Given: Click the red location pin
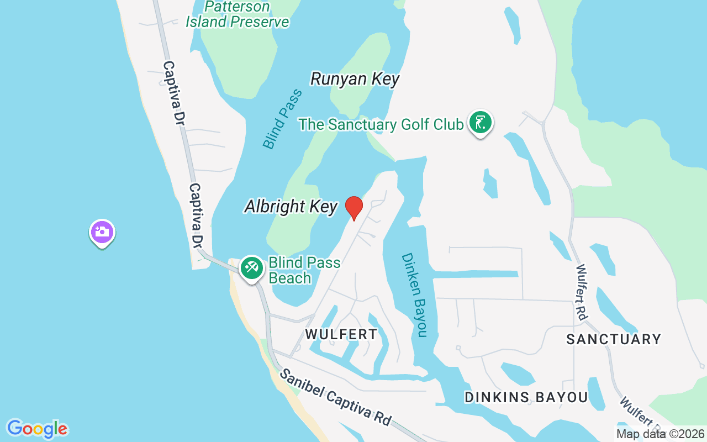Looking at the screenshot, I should (x=354, y=208).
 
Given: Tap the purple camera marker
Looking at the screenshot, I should (x=102, y=232).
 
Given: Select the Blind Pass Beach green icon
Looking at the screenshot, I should (x=252, y=268).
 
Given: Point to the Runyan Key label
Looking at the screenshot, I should (x=355, y=79).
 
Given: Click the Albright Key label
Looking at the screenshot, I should (x=291, y=207).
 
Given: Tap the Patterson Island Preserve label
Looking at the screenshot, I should (x=238, y=14).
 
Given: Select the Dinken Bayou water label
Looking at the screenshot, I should (x=415, y=294).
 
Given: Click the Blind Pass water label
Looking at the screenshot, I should (x=283, y=119).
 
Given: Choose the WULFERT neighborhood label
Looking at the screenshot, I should (x=341, y=334).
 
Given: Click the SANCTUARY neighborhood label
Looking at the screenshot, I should (x=614, y=339).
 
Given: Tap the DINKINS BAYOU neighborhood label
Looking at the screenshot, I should (x=526, y=397).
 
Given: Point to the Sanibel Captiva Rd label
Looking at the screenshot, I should (x=336, y=396).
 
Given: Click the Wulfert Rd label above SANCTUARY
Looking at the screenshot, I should (x=581, y=292).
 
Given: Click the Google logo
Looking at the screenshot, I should (x=37, y=429).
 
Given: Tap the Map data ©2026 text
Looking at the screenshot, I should (x=661, y=434).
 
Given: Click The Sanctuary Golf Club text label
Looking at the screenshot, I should (x=381, y=124).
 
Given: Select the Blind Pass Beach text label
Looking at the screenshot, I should (x=304, y=270).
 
